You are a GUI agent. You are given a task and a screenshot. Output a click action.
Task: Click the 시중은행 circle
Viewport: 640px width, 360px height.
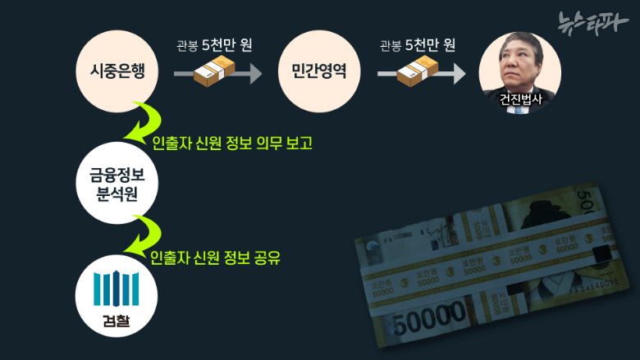[x=117, y=71]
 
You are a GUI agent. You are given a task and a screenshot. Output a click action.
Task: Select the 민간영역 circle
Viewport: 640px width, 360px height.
[x=319, y=71]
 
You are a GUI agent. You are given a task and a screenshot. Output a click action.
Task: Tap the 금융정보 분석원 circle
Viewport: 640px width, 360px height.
[x=117, y=183]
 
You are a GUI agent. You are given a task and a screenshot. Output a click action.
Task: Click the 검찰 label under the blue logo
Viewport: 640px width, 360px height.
[x=117, y=321]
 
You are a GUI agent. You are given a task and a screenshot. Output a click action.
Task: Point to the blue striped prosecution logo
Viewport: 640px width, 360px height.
[x=117, y=289]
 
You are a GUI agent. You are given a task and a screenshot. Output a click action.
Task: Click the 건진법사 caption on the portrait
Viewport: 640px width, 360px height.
[x=521, y=98]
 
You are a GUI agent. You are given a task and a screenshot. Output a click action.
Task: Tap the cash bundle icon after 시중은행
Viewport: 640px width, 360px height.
[x=215, y=71]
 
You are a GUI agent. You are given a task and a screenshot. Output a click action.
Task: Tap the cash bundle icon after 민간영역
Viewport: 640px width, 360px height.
[x=418, y=71]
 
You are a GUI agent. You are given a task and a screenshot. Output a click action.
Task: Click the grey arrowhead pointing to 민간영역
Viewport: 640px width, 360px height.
[x=255, y=73]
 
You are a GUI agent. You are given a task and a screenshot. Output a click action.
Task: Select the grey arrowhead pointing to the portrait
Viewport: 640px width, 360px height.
[x=459, y=73]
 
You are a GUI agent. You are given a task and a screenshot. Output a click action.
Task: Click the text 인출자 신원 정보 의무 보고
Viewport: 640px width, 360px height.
[x=232, y=143]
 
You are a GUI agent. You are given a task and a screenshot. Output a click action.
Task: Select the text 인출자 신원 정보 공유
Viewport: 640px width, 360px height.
[x=216, y=257]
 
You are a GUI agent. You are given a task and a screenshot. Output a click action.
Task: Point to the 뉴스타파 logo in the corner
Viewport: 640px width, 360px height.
[x=592, y=22]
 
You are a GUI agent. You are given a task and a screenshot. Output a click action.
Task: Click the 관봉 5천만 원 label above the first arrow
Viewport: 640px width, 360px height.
[x=214, y=45]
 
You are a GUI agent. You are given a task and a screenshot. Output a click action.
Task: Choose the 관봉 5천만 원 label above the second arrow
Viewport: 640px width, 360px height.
[x=418, y=45]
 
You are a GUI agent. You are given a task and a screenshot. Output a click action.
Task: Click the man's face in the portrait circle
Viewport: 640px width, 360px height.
[x=519, y=65]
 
